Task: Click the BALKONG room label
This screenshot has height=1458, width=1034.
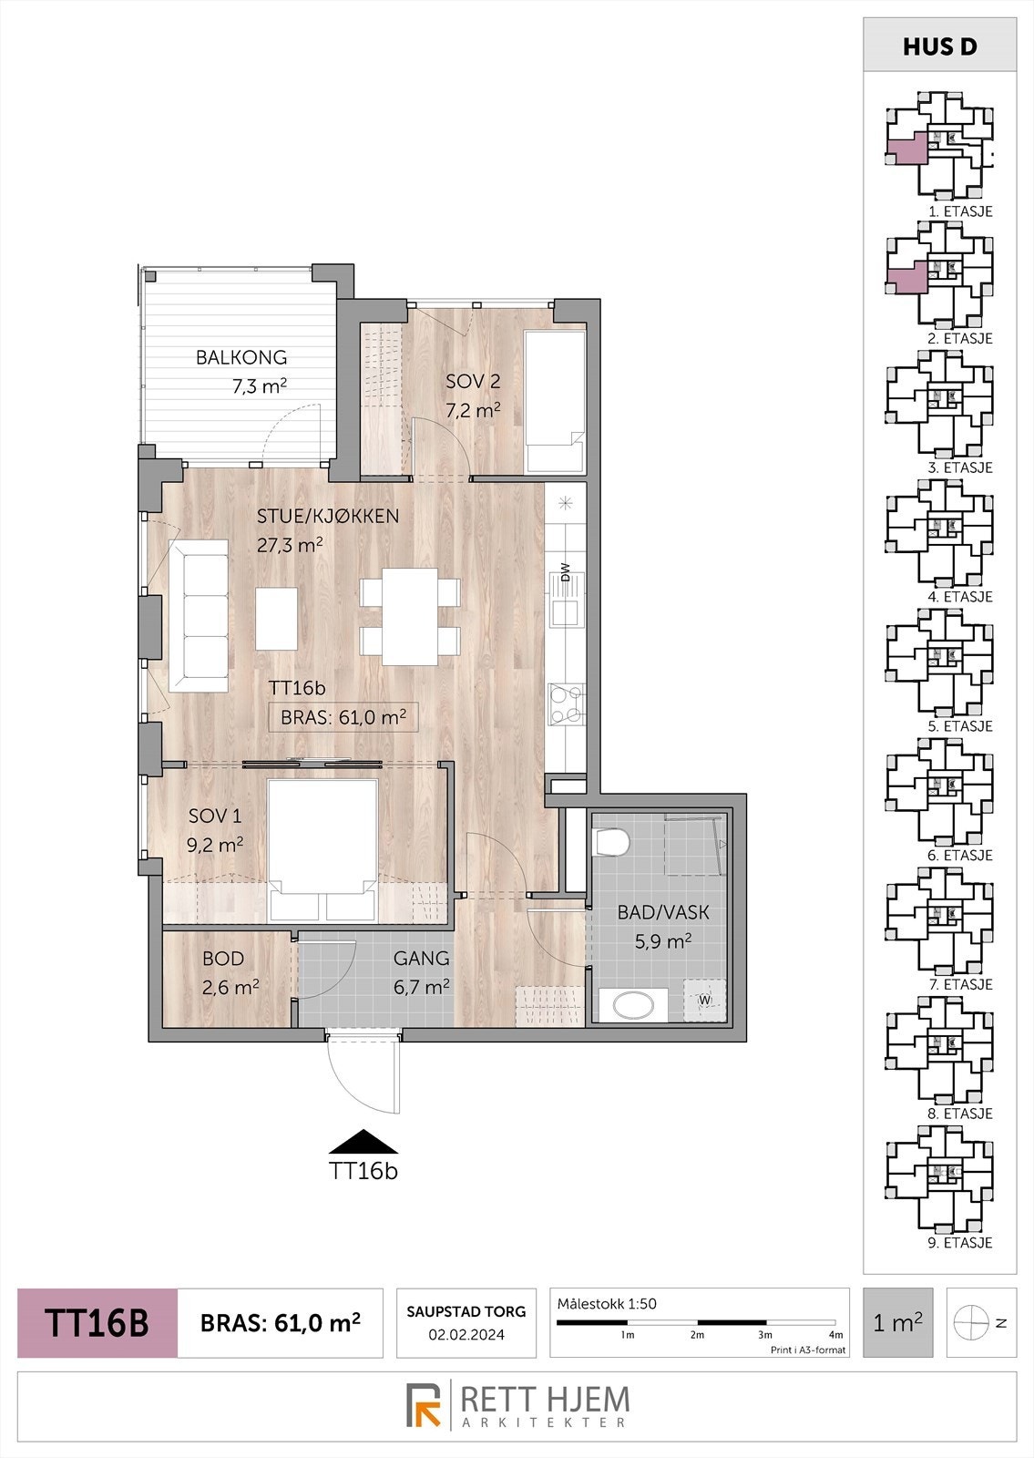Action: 241,357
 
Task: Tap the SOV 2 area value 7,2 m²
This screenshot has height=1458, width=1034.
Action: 472,411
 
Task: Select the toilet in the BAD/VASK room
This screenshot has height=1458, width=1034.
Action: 609,841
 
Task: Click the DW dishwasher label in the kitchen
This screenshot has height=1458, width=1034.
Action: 565,572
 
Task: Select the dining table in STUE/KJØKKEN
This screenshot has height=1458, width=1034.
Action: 410,616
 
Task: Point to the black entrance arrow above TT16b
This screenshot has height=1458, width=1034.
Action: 363,1142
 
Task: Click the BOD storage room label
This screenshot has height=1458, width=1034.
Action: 223,959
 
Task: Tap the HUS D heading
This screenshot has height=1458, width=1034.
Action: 939,47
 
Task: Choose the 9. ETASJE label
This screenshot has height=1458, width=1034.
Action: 959,1243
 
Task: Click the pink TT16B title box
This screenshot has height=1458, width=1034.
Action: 97,1323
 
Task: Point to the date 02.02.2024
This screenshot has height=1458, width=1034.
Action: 466,1335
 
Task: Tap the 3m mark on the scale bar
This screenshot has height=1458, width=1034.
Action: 765,1335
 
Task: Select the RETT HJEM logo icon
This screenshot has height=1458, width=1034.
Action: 424,1405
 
